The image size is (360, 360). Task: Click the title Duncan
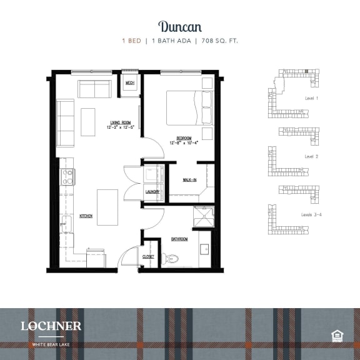pos(179,26)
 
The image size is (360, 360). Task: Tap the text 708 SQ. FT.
pos(219,41)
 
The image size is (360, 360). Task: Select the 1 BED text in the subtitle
pos(131,41)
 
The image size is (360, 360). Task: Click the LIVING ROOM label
pos(120,123)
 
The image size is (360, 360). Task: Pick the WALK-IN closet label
pos(190,179)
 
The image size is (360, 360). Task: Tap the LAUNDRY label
pos(152,192)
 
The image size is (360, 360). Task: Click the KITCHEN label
pos(86,216)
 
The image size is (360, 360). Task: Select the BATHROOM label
pos(181,239)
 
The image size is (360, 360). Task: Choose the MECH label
pos(130,83)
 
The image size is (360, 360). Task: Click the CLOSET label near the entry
pos(148,256)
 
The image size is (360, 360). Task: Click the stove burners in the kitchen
pos(67,176)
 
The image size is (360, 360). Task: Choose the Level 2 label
pos(312,156)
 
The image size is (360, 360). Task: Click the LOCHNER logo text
pos(51,326)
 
